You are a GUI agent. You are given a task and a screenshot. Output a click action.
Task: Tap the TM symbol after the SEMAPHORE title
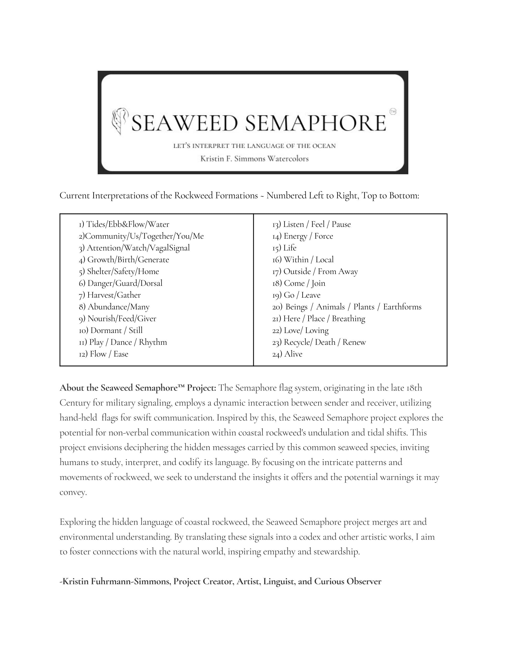pos(393,112)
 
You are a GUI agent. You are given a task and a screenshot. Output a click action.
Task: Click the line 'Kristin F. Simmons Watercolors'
pos(254,159)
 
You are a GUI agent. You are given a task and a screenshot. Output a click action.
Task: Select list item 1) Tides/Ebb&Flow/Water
pos(124,224)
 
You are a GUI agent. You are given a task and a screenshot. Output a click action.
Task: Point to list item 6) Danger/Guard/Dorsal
pos(120,283)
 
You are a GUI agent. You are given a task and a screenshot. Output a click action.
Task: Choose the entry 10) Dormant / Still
pos(111,330)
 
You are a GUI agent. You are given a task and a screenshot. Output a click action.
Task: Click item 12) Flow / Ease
pos(103,354)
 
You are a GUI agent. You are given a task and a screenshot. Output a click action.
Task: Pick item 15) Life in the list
pos(284,248)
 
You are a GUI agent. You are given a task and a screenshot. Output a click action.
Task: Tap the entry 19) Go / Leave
pos(296,295)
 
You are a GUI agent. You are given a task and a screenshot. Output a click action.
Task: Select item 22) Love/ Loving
pos(300,330)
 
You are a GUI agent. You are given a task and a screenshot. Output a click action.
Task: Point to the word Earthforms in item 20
pos(402,307)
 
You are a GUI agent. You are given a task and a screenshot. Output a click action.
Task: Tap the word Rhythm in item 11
pos(153,342)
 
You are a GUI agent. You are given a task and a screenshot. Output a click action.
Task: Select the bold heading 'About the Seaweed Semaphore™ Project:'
pos(137,388)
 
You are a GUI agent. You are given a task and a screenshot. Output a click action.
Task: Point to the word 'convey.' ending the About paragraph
pos(73,492)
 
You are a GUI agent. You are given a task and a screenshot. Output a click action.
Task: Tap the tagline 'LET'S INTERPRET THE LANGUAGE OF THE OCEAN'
pos(254,146)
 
